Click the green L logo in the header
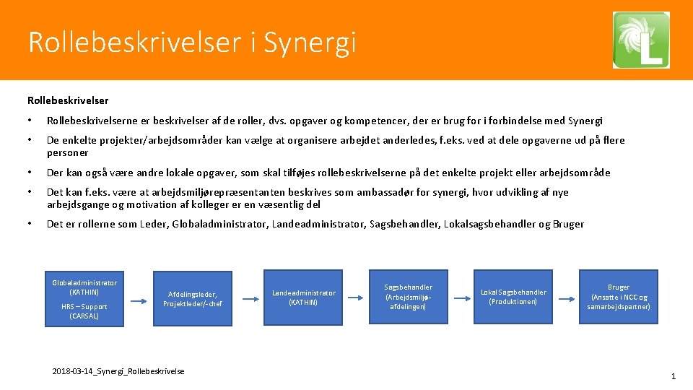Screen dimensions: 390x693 pyautogui.click(x=641, y=40)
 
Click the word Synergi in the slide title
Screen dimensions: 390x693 pyautogui.click(x=310, y=43)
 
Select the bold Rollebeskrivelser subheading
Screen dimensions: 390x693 pyautogui.click(x=68, y=100)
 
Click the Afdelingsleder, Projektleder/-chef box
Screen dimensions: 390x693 pyautogui.click(x=192, y=298)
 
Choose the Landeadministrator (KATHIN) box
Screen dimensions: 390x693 pyautogui.click(x=303, y=298)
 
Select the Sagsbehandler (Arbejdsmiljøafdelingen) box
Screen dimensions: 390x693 pyautogui.click(x=408, y=297)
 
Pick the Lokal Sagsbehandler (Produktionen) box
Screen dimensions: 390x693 pyautogui.click(x=513, y=297)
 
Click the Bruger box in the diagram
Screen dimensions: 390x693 pyautogui.click(x=618, y=297)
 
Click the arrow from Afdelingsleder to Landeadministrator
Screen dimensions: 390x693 pyautogui.click(x=248, y=298)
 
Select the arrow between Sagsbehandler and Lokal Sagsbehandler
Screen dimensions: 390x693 pyautogui.click(x=459, y=298)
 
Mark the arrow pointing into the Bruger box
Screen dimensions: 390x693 pyautogui.click(x=565, y=298)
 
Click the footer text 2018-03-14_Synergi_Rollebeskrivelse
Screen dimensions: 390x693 pyautogui.click(x=118, y=371)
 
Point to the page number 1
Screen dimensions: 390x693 pyautogui.click(x=673, y=376)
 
